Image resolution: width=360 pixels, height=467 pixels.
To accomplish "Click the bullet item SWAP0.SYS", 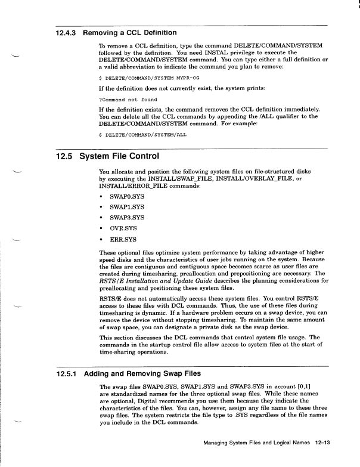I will coord(126,196).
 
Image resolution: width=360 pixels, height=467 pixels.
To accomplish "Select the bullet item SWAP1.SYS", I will coord(126,208).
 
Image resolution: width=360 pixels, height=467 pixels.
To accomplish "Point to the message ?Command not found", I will coord(124,99).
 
